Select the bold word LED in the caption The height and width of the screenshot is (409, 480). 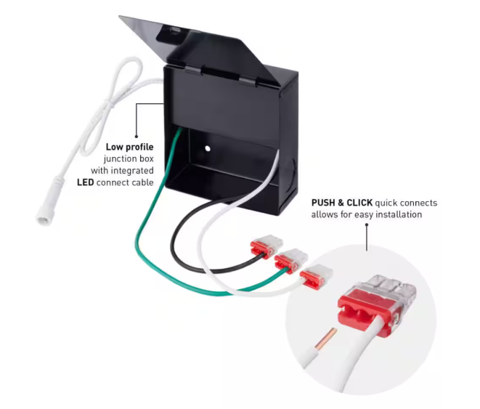pyautogui.click(x=87, y=182)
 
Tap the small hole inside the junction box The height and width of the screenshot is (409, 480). pyautogui.click(x=207, y=148)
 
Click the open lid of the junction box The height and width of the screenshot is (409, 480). pyautogui.click(x=182, y=36)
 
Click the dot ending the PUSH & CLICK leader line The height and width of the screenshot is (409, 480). pyautogui.click(x=367, y=226)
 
